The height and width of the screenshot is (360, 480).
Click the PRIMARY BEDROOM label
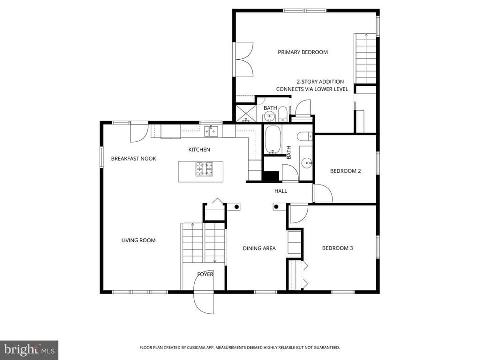303,52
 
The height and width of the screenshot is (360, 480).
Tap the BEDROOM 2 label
345,171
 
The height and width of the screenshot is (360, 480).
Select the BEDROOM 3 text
337,248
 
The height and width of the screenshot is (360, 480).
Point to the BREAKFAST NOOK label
133,159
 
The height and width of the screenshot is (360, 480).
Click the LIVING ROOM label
138,240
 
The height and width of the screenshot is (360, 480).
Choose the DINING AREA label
259,248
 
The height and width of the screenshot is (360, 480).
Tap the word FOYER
205,274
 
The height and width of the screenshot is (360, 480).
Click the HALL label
280,191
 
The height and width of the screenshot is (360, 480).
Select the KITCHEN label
199,150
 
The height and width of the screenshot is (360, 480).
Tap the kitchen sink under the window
211,132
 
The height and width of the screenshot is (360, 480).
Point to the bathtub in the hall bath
273,139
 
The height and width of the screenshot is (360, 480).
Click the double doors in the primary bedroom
245,59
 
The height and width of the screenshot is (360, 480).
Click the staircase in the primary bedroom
365,59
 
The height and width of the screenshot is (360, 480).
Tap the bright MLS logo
28,349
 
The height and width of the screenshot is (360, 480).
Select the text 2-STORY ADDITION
320,82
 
